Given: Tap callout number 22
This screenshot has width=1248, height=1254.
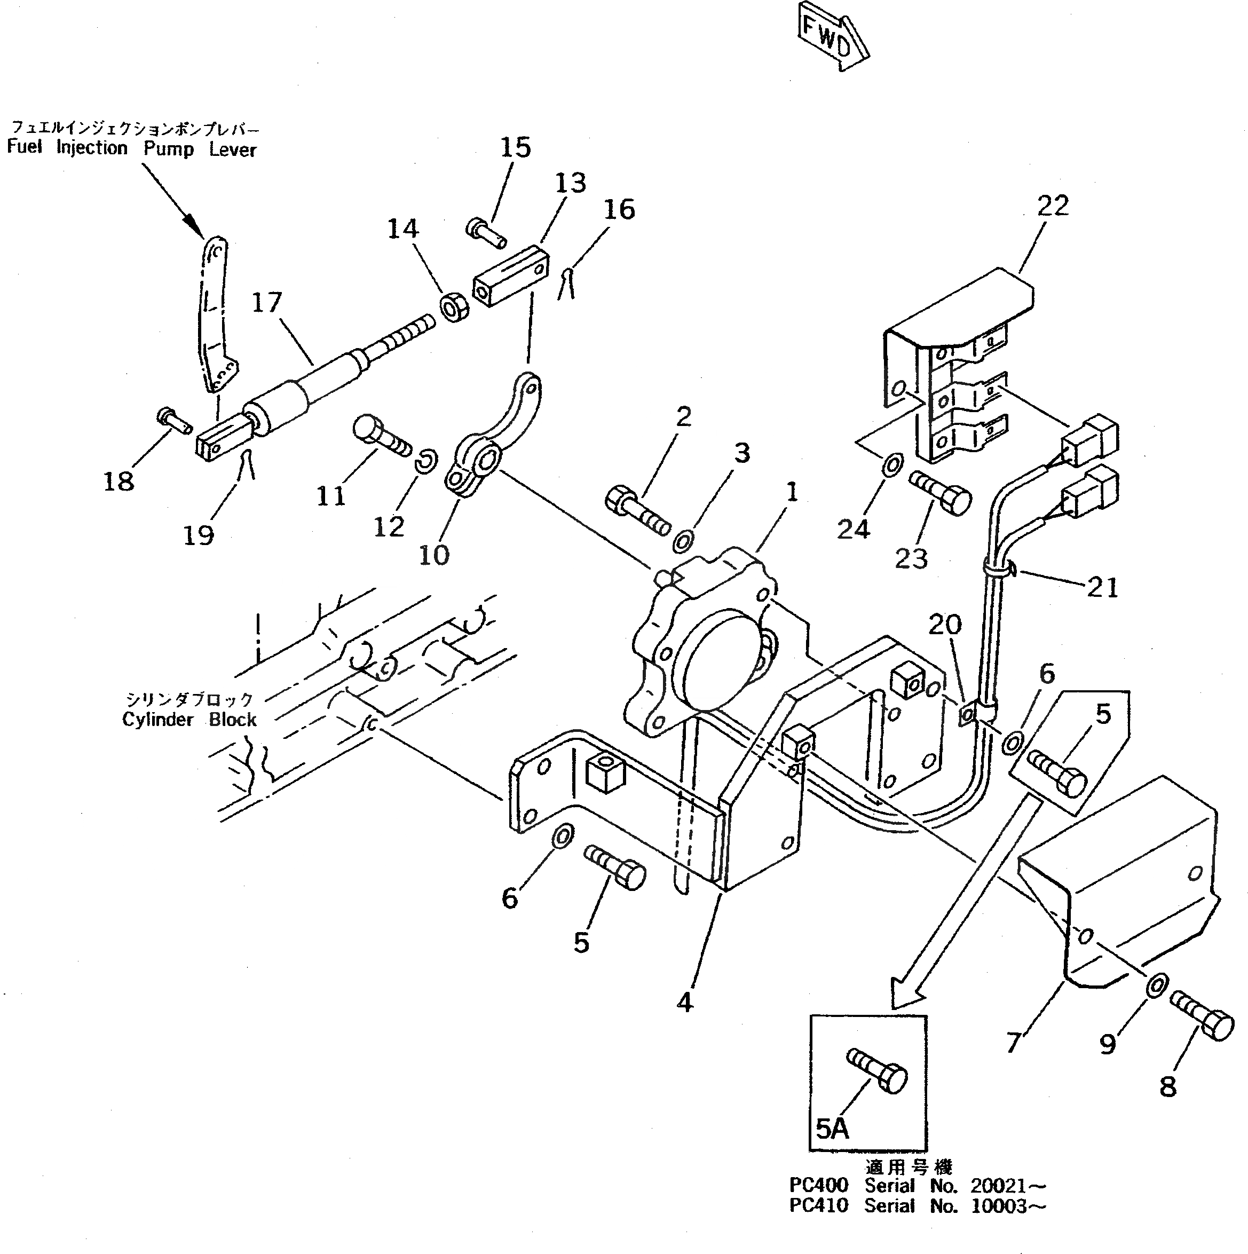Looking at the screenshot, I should (x=1053, y=206).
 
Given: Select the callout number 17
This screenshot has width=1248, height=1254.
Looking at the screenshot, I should (x=267, y=303).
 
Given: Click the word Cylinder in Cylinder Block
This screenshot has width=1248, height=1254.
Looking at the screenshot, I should (x=157, y=720).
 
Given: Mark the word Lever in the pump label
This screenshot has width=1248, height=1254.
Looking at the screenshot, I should (x=232, y=149).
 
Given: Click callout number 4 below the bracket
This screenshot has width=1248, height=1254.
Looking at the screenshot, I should (x=685, y=1002).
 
